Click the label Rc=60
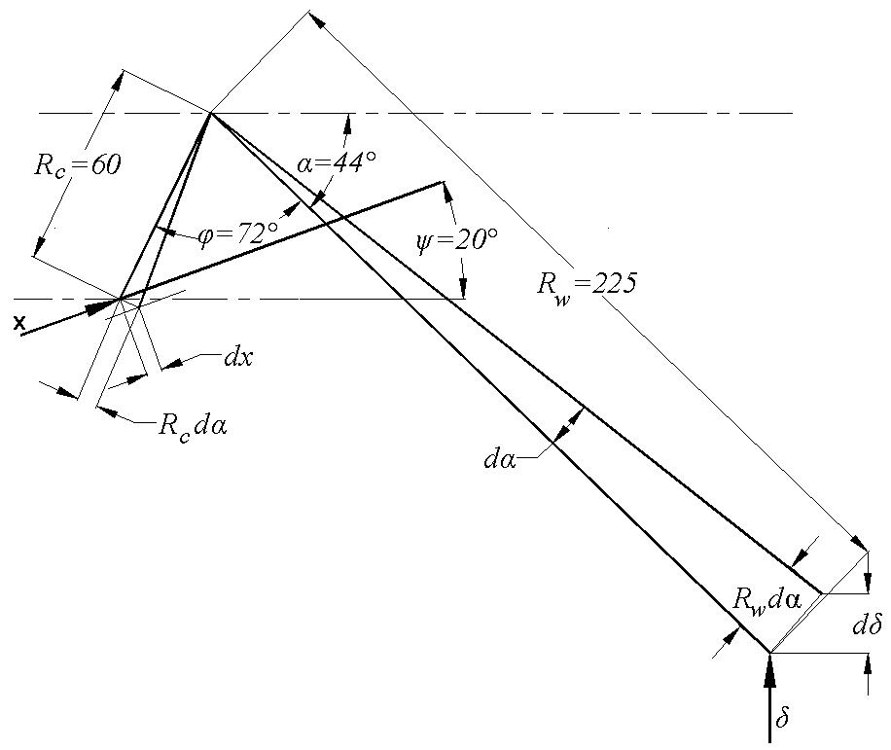click(x=77, y=165)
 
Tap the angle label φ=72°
click(x=238, y=232)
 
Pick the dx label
click(x=238, y=358)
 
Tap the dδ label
click(x=867, y=625)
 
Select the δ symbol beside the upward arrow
click(x=782, y=718)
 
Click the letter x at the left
click(x=19, y=323)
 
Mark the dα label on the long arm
click(x=500, y=459)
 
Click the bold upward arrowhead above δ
click(x=769, y=669)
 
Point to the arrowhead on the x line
click(x=99, y=307)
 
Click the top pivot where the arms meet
click(x=211, y=114)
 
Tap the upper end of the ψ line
click(x=442, y=182)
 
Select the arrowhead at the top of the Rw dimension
click(x=318, y=19)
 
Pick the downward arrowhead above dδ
click(x=868, y=582)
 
